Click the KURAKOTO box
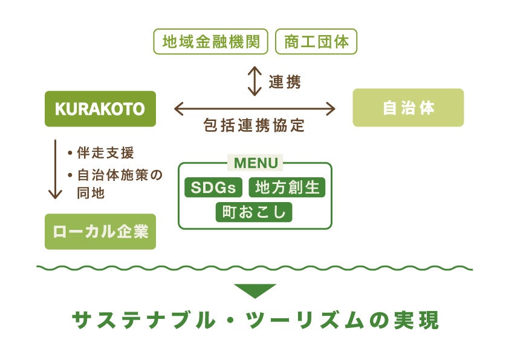[100, 109]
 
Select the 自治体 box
[408, 108]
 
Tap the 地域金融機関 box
[211, 42]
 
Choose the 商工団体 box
[316, 42]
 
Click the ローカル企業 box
[100, 232]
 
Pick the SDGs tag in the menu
[213, 188]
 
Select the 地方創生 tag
[287, 188]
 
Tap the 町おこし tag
[254, 212]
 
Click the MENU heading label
[256, 163]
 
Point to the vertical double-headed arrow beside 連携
[254, 81]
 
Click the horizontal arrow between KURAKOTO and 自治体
[254, 109]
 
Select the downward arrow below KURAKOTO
[55, 169]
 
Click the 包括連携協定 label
[254, 126]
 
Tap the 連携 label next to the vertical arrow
[284, 82]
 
